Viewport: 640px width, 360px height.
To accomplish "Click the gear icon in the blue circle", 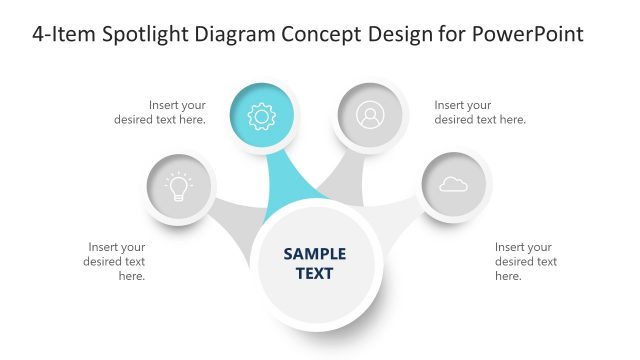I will (x=261, y=117).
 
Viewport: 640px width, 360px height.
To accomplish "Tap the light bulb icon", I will (x=178, y=186).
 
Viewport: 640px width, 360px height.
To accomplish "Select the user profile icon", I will (x=370, y=117).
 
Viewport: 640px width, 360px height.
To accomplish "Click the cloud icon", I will (x=453, y=184).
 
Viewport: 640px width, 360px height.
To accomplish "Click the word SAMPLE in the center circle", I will (x=314, y=254).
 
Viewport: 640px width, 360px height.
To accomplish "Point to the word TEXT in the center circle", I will (x=314, y=273).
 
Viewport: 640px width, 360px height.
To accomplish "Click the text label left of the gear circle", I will (x=177, y=112).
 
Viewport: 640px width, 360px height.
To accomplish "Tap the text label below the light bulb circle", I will (x=116, y=261).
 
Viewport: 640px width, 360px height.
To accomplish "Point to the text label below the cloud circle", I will (x=526, y=261).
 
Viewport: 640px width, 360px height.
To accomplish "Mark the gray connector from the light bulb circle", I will (x=237, y=220).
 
